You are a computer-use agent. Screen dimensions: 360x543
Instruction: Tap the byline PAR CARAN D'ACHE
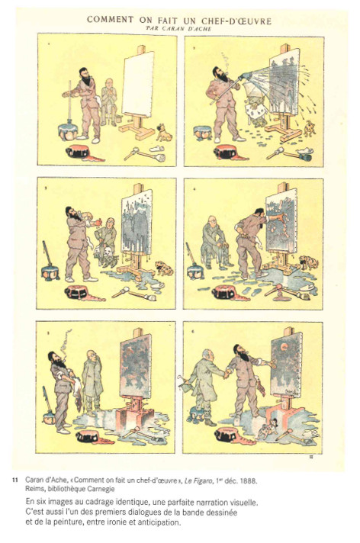(178, 29)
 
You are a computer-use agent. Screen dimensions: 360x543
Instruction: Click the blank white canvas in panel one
(138, 84)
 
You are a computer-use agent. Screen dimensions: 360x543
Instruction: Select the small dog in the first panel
(164, 133)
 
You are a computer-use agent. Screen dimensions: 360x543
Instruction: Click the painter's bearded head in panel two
(220, 74)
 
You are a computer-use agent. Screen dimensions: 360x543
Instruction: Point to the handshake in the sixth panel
(227, 374)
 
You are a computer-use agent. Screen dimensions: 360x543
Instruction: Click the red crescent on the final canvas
(285, 346)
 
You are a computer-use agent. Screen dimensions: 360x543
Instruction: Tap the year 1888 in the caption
(249, 480)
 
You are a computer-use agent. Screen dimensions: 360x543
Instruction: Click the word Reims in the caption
(34, 489)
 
